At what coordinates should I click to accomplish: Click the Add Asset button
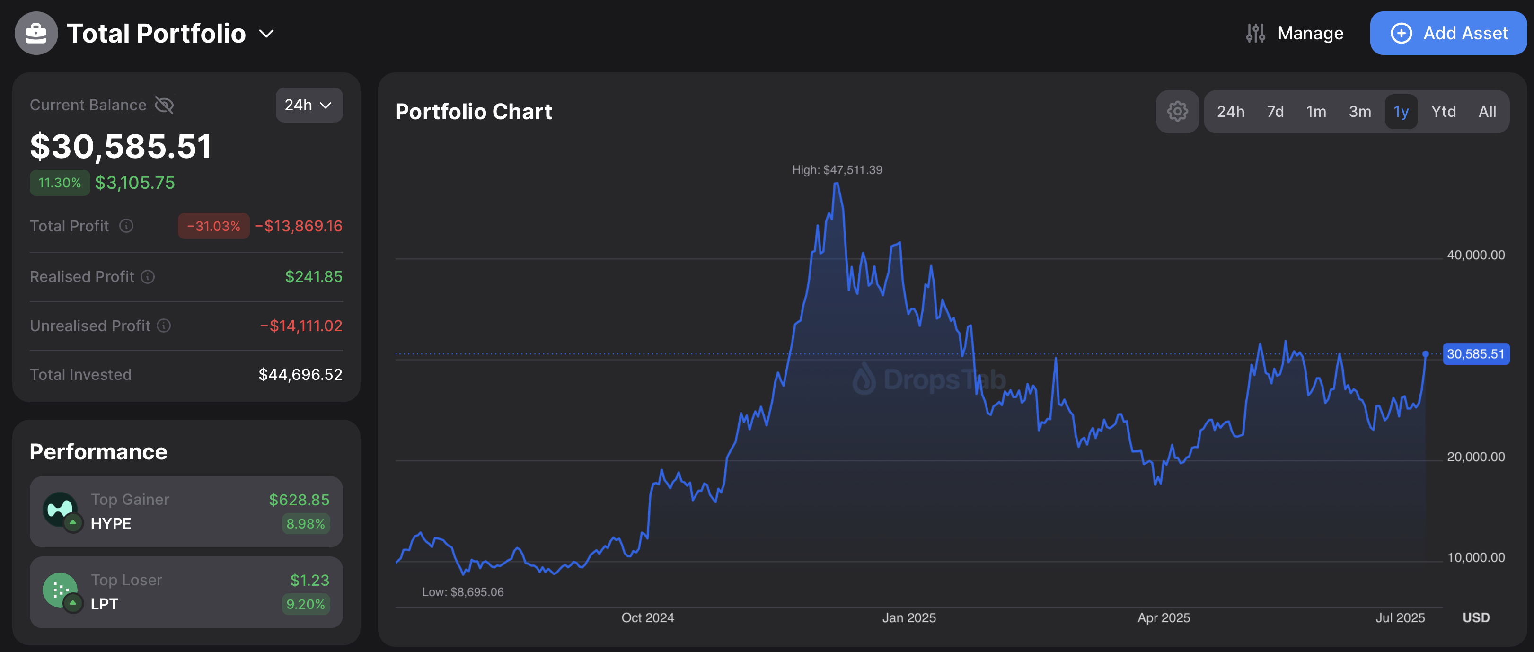pos(1448,33)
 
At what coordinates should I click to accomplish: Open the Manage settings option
pos(1295,33)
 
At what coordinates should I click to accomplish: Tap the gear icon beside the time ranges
pos(1177,111)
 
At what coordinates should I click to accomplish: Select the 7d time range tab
pos(1275,111)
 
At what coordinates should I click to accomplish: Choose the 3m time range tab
pos(1359,111)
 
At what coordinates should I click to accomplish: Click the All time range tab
pos(1487,111)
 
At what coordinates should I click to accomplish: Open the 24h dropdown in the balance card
pos(309,105)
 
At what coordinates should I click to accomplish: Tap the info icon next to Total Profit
pos(126,226)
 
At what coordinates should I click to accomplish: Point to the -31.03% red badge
pos(213,226)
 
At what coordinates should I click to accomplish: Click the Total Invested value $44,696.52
pos(300,375)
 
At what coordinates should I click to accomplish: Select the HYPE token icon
pos(60,510)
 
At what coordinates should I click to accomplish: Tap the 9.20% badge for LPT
pos(306,604)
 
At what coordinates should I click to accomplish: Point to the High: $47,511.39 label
pos(837,170)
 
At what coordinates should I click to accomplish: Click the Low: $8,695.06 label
pos(463,592)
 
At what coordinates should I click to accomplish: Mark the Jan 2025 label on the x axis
pos(909,617)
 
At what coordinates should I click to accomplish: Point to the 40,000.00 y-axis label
pos(1476,255)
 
